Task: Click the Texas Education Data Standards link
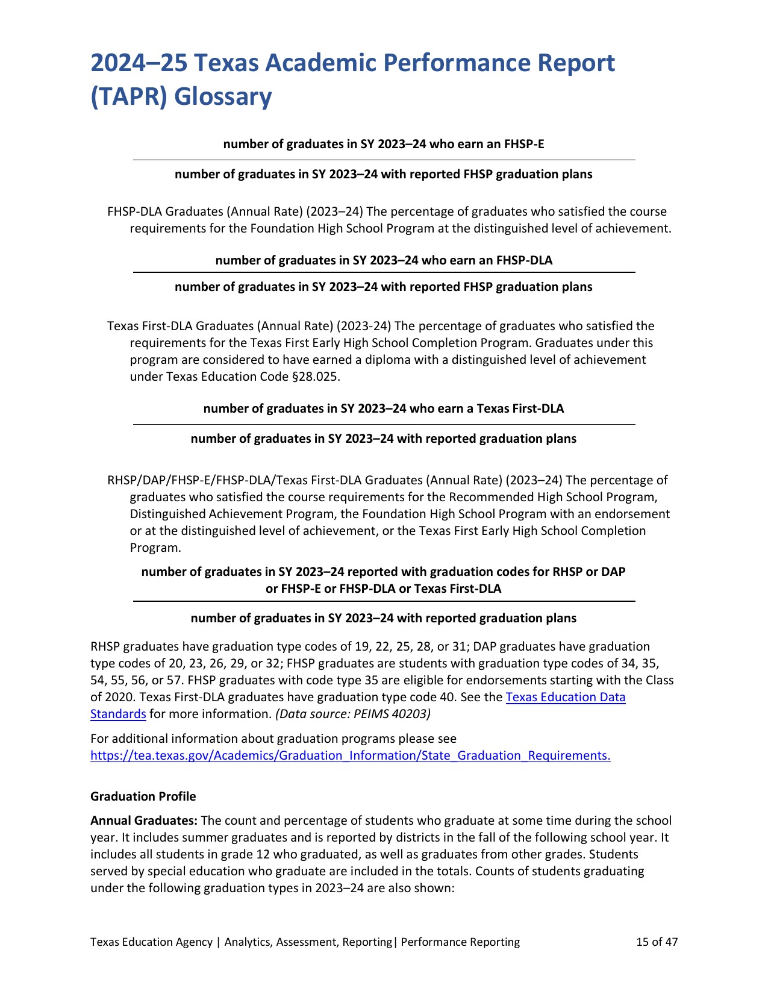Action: [565, 697]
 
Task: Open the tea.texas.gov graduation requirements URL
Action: [350, 755]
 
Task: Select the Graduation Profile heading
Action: [143, 796]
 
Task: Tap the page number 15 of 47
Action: [657, 942]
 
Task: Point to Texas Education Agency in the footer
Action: [151, 942]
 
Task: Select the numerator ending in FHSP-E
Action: [383, 144]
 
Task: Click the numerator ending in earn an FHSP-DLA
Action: [383, 260]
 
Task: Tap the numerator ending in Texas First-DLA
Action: [383, 408]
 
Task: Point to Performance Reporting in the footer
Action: [460, 942]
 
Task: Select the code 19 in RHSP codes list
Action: [361, 646]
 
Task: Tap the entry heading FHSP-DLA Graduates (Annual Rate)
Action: [204, 211]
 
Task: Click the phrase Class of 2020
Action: [660, 680]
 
